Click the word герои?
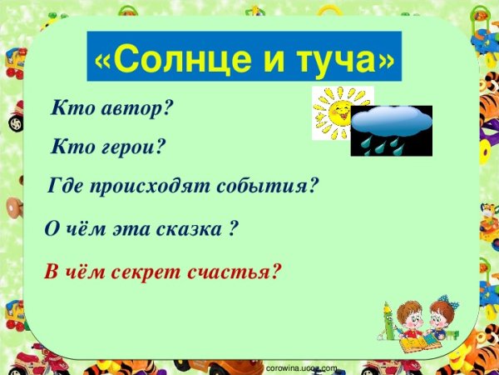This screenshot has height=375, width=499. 132,147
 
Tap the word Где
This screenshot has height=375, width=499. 66,186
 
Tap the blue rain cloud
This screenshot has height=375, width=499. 391,122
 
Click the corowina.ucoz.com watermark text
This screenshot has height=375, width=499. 300,367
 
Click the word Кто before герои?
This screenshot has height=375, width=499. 70,147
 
